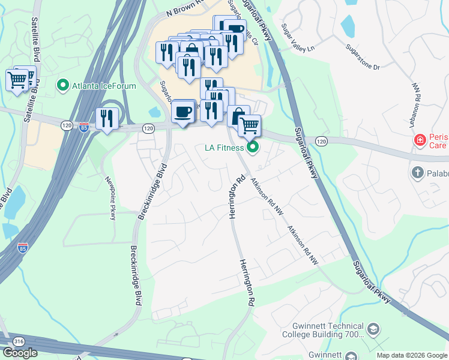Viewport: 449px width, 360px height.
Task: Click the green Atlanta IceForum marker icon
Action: (x=62, y=86)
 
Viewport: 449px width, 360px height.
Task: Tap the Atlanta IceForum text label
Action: (x=104, y=86)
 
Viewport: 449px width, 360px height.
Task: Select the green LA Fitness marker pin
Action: (x=253, y=147)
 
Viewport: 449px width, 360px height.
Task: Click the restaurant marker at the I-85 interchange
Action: (x=107, y=119)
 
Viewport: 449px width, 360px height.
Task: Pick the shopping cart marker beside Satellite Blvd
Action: (x=17, y=80)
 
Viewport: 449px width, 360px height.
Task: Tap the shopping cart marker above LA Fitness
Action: (x=249, y=125)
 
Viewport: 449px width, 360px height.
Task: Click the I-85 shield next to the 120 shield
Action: (x=83, y=127)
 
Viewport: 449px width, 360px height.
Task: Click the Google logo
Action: (x=20, y=353)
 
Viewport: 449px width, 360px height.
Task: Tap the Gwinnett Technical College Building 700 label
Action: (x=323, y=329)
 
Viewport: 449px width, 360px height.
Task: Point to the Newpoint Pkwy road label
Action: (x=110, y=198)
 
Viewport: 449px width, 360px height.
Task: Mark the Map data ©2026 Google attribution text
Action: (x=412, y=356)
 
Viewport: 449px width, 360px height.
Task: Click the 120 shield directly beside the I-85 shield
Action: (x=67, y=125)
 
